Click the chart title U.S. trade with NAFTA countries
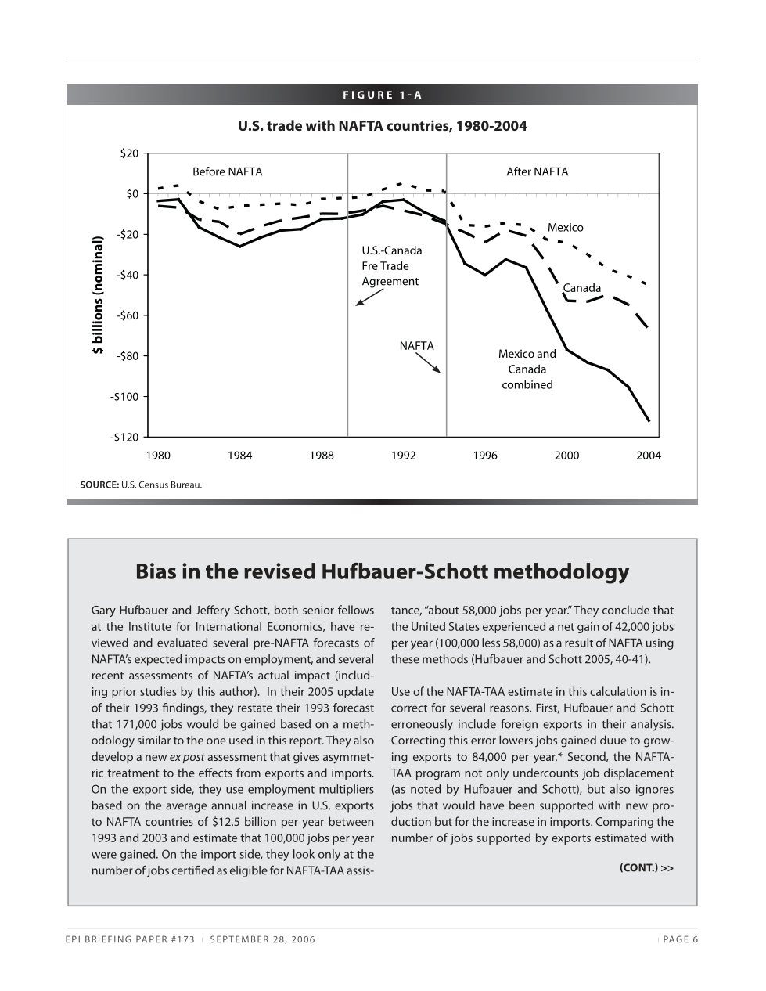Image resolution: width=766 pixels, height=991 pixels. click(382, 126)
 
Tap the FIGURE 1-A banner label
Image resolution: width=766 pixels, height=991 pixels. click(382, 95)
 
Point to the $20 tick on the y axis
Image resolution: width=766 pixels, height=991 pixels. click(129, 153)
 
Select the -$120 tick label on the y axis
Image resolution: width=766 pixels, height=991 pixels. click(126, 437)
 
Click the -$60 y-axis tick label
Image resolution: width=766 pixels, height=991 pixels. click(128, 315)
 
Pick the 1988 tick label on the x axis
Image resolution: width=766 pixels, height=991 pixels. click(322, 456)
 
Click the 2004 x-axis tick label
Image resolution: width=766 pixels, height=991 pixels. click(649, 456)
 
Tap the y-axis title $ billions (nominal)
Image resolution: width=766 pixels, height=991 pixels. click(98, 295)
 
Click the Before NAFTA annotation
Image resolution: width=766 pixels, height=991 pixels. click(228, 172)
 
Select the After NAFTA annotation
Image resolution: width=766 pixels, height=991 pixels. click(538, 172)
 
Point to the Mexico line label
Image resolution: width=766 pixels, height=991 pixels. click(565, 228)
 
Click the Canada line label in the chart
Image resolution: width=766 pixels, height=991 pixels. click(582, 288)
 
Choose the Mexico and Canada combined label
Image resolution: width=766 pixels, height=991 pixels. click(527, 369)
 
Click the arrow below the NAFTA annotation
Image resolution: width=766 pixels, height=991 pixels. click(429, 362)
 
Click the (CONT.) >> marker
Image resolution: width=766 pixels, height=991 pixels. click(646, 867)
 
